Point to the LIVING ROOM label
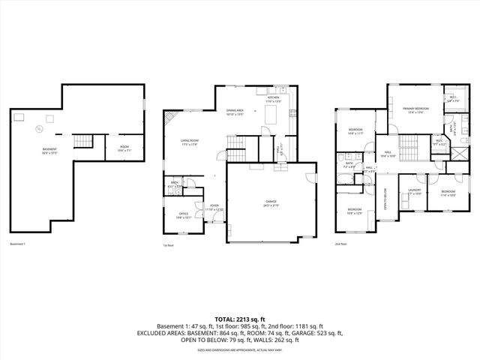pos(189,141)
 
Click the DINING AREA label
pos(235,112)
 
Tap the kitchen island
pos(271,115)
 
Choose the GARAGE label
pos(270,202)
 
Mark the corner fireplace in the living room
pos(171,118)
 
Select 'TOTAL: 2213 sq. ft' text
pos(239,319)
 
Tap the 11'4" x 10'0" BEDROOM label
pos(448,193)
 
